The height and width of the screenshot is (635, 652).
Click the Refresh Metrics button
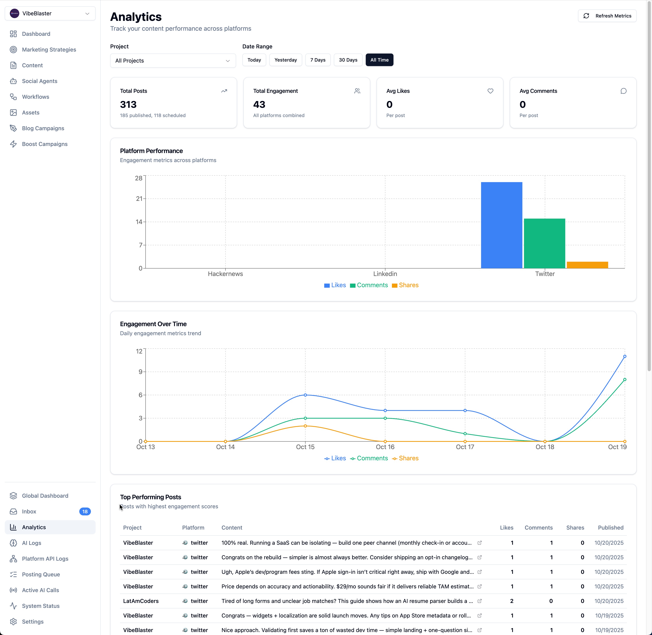[x=607, y=16]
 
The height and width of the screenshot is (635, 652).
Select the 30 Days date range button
[x=348, y=60]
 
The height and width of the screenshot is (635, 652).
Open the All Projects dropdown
[x=173, y=61]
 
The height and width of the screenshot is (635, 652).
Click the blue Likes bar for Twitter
[x=501, y=225]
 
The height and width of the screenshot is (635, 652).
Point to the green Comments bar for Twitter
[x=544, y=244]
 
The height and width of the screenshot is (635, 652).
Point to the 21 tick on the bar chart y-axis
[x=139, y=199]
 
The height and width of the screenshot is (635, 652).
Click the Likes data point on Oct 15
[x=305, y=395]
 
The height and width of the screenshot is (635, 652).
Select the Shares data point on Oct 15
[x=305, y=426]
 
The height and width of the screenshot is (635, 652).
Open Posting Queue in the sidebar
[x=41, y=574]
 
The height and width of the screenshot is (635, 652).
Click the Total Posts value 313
[x=128, y=105]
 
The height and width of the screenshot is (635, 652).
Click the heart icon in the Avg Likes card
[x=490, y=91]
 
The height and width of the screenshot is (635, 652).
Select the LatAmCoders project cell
[x=141, y=601]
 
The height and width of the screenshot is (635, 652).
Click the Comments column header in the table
[x=538, y=528]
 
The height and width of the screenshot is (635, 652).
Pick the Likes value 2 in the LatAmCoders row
[x=512, y=601]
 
